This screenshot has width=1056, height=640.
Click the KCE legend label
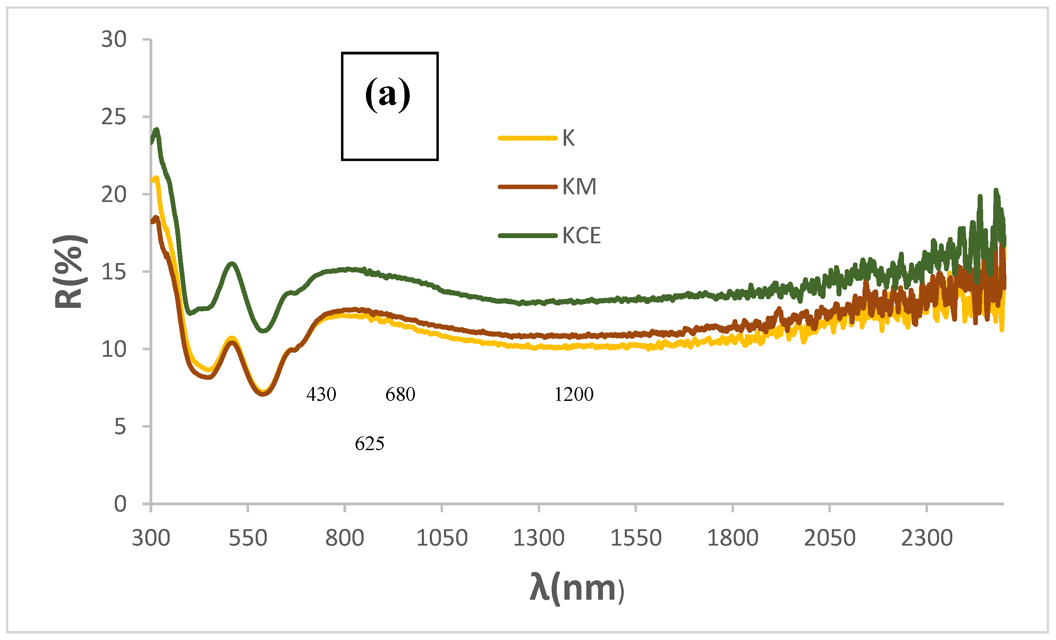581,235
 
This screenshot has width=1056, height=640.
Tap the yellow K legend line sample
528,138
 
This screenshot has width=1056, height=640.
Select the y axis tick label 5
120,427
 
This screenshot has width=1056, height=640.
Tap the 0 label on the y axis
120,504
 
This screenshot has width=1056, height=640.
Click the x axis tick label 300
151,538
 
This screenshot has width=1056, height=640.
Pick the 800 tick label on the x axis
344,538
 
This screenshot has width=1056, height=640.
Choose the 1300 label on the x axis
539,538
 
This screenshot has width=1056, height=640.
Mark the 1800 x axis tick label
732,538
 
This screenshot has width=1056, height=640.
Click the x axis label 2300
927,538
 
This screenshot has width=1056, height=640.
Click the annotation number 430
321,394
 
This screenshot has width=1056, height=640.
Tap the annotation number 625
369,444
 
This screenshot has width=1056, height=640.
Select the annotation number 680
400,394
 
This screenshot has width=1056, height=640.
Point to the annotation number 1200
574,394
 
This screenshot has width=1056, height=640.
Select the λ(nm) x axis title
577,588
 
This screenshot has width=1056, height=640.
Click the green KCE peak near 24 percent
156,130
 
